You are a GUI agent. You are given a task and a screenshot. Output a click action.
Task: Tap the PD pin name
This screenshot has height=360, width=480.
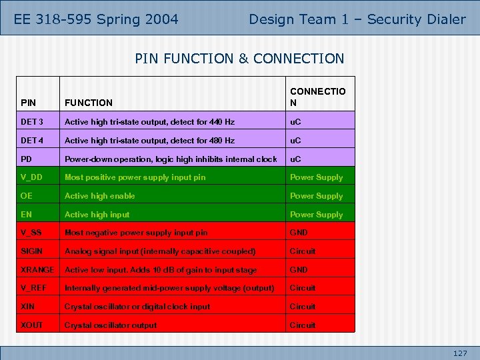27,159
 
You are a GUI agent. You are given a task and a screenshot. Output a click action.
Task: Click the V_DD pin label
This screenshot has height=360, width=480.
32,177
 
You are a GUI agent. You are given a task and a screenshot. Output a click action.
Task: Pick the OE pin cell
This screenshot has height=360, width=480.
27,196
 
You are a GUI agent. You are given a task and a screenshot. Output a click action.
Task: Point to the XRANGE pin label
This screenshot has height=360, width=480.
37,270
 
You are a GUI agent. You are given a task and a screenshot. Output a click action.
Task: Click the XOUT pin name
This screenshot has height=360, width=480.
32,325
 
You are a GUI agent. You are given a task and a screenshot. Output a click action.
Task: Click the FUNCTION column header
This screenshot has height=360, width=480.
89,103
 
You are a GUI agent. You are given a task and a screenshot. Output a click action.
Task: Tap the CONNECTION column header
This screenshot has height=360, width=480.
317,97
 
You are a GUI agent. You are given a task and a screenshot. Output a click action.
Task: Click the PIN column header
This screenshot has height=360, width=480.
29,103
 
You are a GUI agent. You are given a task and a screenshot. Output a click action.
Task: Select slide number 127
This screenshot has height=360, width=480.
460,353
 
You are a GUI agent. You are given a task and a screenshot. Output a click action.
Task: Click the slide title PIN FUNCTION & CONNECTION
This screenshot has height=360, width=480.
239,59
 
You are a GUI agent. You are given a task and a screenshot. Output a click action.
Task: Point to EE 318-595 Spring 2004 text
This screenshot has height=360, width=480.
96,19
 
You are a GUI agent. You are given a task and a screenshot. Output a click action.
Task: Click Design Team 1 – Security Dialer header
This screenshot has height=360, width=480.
357,19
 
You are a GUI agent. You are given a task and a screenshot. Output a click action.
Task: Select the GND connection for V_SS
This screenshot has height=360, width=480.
299,233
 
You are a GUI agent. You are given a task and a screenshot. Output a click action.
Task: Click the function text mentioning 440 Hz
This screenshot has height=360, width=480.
149,122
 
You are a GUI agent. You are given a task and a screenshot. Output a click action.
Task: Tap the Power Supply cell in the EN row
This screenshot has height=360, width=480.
316,215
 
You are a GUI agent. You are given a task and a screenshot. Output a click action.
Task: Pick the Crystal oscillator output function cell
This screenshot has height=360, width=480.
111,325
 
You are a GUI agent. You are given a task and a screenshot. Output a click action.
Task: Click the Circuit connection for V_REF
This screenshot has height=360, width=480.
302,288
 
